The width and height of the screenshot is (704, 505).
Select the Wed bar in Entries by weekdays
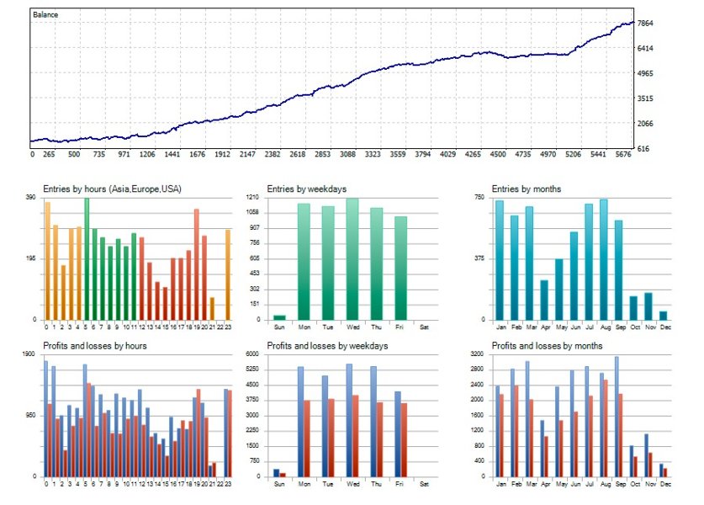coord(352,259)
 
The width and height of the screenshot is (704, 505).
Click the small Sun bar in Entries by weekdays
coord(279,317)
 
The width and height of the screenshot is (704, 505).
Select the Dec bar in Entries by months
coord(663,316)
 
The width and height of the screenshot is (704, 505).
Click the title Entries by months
coord(526,189)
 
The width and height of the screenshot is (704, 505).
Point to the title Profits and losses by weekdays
coord(324,346)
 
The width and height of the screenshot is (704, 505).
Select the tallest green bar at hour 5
coord(87,259)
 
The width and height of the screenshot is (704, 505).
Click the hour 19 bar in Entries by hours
coord(196,264)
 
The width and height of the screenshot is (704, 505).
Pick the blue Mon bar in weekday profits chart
coord(300,422)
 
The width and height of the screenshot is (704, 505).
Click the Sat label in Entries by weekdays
coord(424,327)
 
